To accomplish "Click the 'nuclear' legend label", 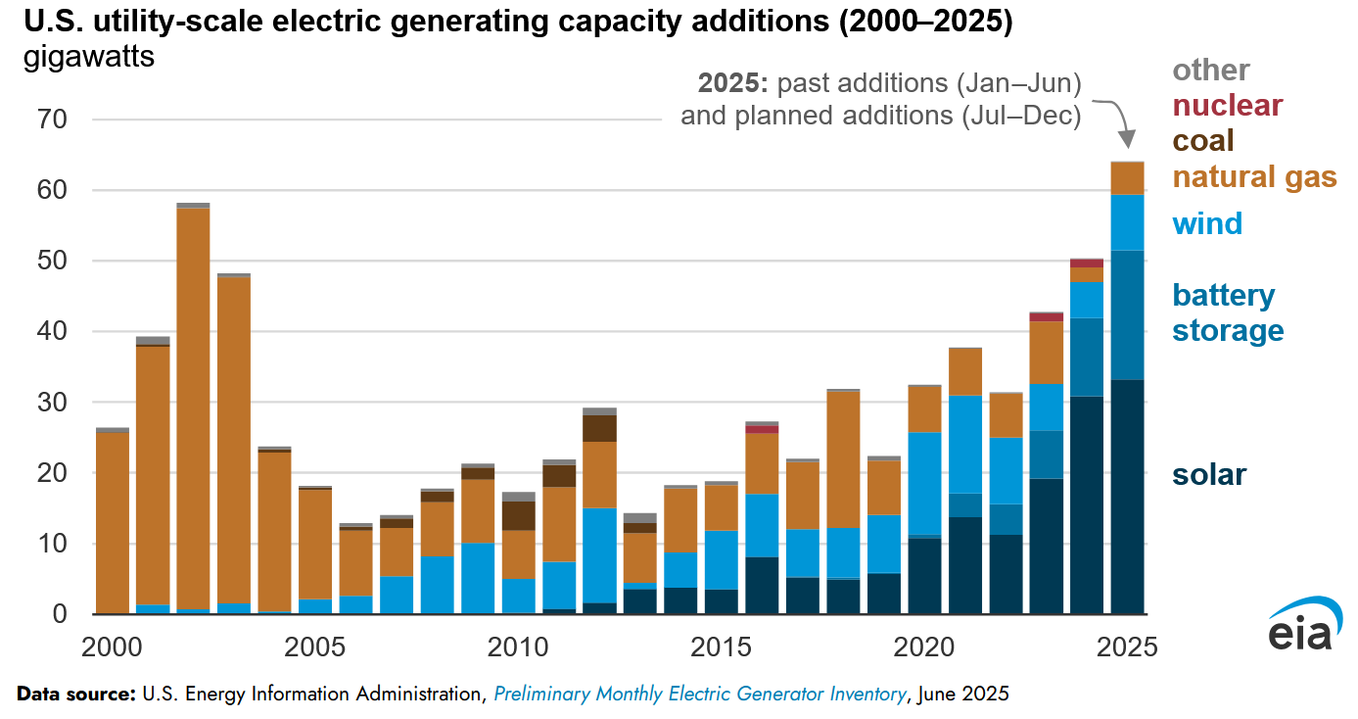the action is coord(1227,106).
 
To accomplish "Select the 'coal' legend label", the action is coord(1202,141).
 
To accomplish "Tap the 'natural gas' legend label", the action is coord(1254,177).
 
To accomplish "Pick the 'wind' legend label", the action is coord(1207,223).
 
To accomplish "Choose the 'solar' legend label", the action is coord(1209,474).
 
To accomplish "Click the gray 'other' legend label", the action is coord(1211,71).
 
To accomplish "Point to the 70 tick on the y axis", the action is coord(52,119).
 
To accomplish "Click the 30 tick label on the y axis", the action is coord(52,402).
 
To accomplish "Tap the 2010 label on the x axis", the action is coord(517,647).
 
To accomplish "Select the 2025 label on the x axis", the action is coord(1126,647).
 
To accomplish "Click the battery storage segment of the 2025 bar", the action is coord(1127,314).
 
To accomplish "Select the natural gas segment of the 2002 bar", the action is coord(194,408).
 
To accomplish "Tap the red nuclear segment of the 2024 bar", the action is coord(1087,264).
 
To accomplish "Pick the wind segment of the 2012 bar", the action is coord(599,555).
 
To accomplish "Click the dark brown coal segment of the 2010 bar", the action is coord(518,515).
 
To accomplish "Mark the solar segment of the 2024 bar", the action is coord(1087,504).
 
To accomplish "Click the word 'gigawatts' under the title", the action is coord(88,58).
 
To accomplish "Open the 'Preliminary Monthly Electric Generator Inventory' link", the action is coord(700,694).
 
